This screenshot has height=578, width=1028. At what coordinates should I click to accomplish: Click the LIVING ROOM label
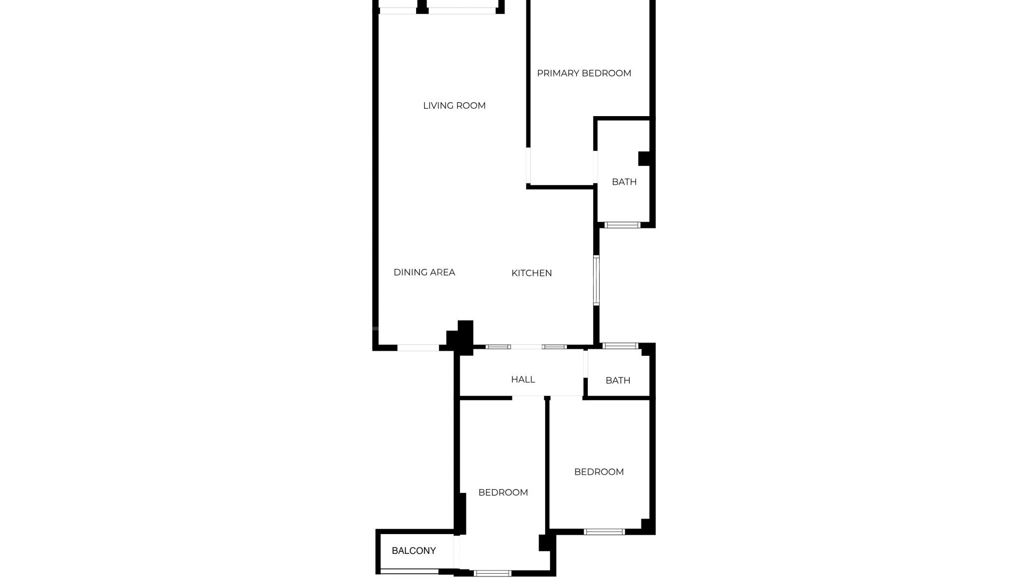tap(454, 105)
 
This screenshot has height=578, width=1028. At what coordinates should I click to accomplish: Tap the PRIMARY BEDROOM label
tap(584, 73)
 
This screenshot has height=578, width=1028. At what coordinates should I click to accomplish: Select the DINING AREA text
tap(424, 272)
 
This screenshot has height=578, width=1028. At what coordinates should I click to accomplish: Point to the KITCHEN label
tap(532, 273)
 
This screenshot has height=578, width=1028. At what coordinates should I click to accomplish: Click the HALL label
tap(523, 379)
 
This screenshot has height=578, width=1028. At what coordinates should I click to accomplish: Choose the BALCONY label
tap(414, 551)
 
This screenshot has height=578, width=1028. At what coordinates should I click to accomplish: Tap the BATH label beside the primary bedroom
tap(624, 182)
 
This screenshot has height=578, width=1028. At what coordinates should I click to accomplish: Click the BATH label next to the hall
tap(618, 381)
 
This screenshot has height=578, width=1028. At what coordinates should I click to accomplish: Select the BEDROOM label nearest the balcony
tap(503, 492)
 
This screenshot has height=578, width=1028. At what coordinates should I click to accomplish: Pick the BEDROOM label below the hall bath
tap(599, 472)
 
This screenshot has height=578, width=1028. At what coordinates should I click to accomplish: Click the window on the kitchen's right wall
tap(596, 280)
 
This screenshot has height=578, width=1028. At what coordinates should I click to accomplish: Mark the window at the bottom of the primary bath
tap(622, 225)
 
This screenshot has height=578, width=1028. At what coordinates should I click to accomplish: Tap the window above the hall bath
tap(621, 346)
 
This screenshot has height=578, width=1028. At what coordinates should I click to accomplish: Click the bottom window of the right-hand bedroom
tap(604, 531)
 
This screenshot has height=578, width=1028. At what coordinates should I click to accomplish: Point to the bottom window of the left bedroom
tap(493, 573)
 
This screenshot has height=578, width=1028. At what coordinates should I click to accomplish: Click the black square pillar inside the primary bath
tap(644, 159)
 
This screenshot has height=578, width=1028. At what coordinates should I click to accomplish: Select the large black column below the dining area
tap(460, 338)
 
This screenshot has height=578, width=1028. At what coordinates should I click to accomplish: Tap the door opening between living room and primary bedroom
tap(528, 166)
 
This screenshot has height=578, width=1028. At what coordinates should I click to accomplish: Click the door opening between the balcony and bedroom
tap(457, 552)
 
